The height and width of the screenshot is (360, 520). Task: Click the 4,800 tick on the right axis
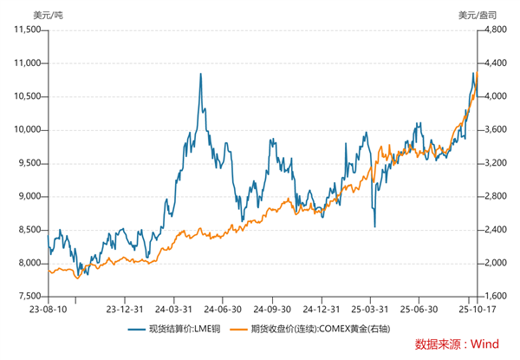[494, 29]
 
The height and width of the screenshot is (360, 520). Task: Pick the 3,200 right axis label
[494, 163]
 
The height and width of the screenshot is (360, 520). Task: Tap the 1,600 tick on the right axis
[494, 297]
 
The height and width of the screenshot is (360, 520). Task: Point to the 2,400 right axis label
[494, 230]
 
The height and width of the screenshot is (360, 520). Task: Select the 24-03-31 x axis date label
[175, 309]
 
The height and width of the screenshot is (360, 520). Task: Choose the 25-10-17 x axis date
[474, 309]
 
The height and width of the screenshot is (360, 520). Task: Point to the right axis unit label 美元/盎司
[477, 13]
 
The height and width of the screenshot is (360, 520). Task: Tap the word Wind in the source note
[484, 344]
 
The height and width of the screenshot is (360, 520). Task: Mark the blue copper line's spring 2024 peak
[201, 74]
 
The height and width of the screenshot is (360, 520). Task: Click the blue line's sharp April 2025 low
[374, 226]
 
